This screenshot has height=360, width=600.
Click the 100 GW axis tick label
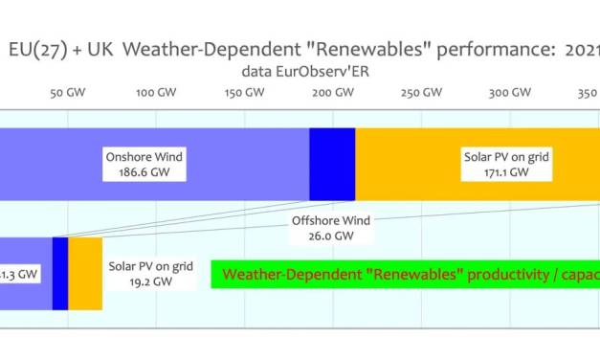click(155, 94)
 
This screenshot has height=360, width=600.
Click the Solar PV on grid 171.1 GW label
click(494, 165)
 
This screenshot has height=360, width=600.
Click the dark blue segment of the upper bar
click(332, 165)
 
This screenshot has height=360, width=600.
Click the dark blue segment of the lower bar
click(59, 273)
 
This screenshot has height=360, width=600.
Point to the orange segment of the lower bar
click(84, 273)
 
